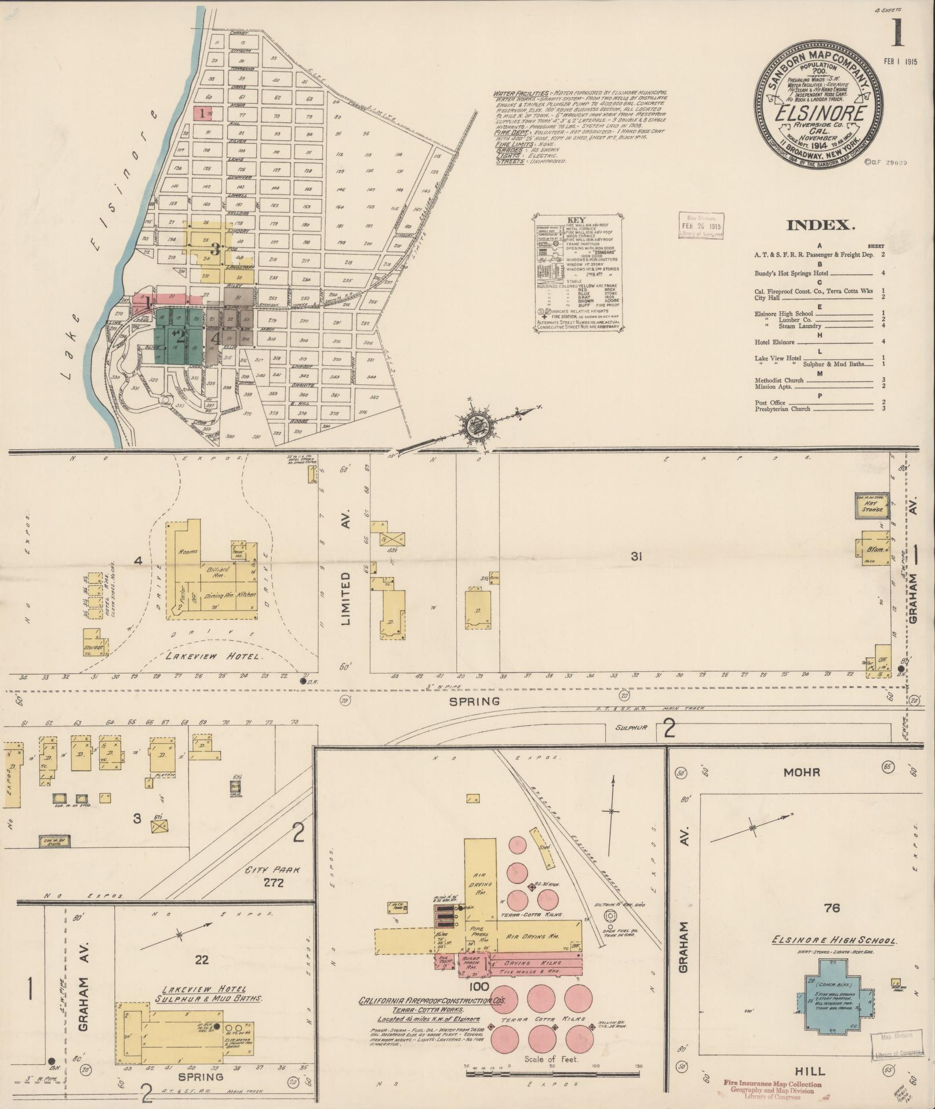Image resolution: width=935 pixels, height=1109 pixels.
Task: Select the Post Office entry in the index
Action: [x=770, y=402]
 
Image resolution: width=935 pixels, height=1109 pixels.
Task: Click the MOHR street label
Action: [x=802, y=772]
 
